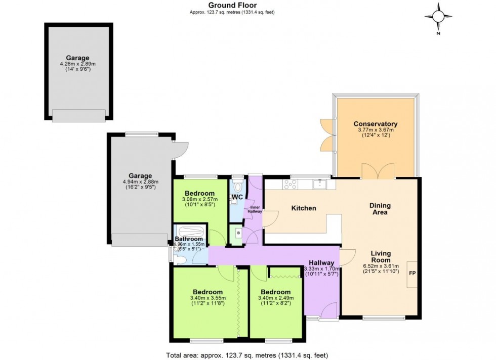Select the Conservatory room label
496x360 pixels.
point(375,124)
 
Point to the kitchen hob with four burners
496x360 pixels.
point(291,185)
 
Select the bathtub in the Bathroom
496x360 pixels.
point(189,231)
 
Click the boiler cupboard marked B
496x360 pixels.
point(236,234)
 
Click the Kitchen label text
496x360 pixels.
point(304,208)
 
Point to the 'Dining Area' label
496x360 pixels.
point(380,209)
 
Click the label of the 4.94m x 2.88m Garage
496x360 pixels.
point(140,176)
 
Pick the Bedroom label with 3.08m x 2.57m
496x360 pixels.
point(199,193)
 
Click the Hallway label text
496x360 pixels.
point(321,263)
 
